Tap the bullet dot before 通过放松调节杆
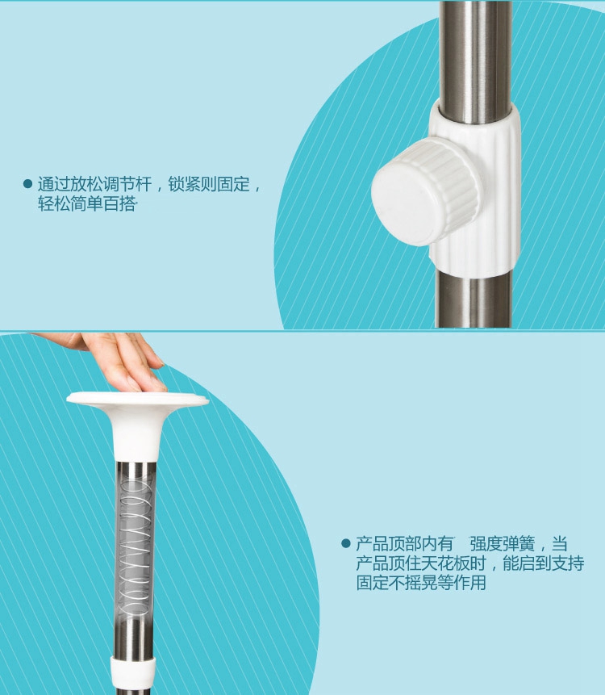pos(27,184)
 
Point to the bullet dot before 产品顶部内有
pos(346,543)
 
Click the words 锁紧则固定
pos(209,184)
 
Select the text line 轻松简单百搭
pos(86,204)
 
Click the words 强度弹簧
pos(503,543)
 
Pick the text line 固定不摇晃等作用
pos(421,583)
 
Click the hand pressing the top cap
pos(111,359)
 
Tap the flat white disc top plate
pos(138,399)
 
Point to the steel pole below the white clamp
pos(473,299)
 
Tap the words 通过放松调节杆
pos(94,184)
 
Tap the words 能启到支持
pos(544,563)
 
